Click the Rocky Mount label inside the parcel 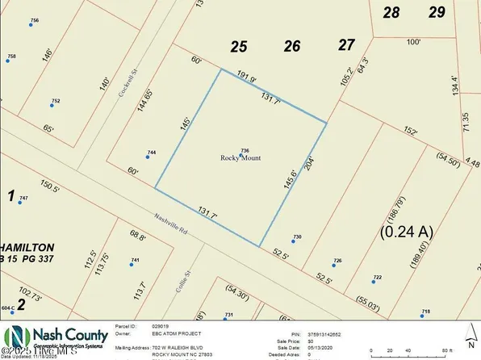(242, 158)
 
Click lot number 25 (238, 47)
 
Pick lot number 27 (347, 44)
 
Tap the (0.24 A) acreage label (406, 232)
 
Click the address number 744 (151, 153)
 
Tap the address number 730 (297, 237)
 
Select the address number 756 (34, 19)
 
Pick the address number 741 (135, 259)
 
